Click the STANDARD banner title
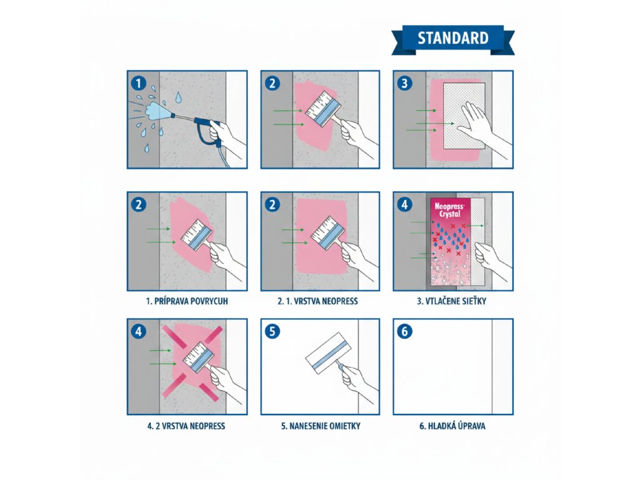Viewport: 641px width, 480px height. [x=453, y=38]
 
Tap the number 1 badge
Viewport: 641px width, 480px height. [x=138, y=84]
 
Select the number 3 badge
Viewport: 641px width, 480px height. [x=405, y=84]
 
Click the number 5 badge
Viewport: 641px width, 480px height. [x=273, y=331]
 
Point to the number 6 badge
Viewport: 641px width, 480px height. [x=405, y=331]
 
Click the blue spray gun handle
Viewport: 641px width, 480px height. [x=208, y=130]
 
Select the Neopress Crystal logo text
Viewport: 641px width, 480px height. [x=449, y=210]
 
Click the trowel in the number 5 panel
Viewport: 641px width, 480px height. [x=328, y=353]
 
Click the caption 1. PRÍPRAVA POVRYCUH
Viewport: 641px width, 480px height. [x=187, y=302]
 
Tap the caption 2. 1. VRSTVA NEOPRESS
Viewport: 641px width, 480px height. [x=317, y=302]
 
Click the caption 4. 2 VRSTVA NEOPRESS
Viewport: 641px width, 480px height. [x=186, y=426]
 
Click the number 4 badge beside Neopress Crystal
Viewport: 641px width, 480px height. [x=405, y=204]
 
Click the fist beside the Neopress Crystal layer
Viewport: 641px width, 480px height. [x=486, y=253]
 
